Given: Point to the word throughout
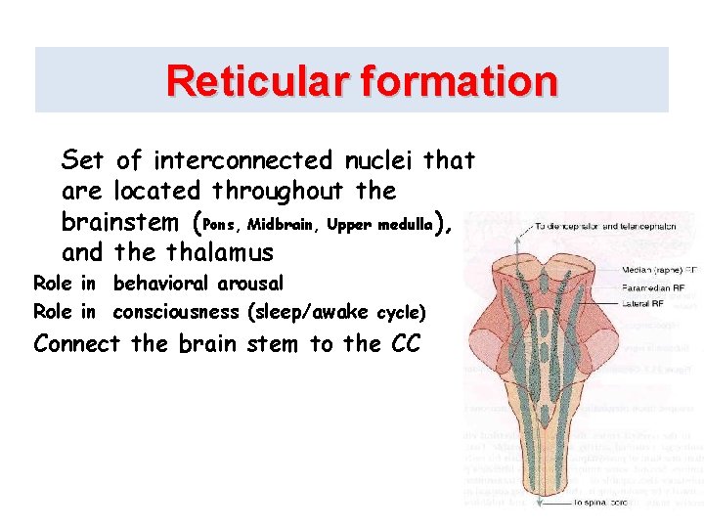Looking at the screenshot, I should (278, 191).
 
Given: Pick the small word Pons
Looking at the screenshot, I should (219, 225).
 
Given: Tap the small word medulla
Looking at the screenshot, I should (402, 225).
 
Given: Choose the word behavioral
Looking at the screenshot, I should (160, 284).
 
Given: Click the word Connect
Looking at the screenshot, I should (76, 344).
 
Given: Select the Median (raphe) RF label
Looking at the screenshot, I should (661, 269).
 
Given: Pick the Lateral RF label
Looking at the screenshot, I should (644, 304).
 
